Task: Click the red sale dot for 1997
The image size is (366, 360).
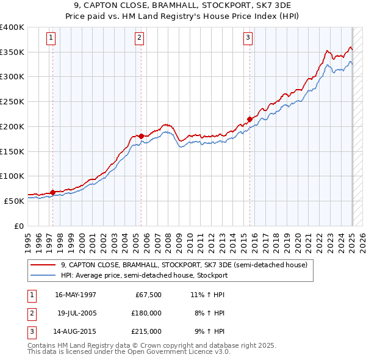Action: tap(52, 192)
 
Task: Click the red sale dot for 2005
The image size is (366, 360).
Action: tap(141, 136)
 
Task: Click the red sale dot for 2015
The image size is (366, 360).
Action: tap(249, 119)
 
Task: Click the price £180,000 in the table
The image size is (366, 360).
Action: tap(147, 313)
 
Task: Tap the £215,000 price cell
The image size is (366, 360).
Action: tap(147, 331)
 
